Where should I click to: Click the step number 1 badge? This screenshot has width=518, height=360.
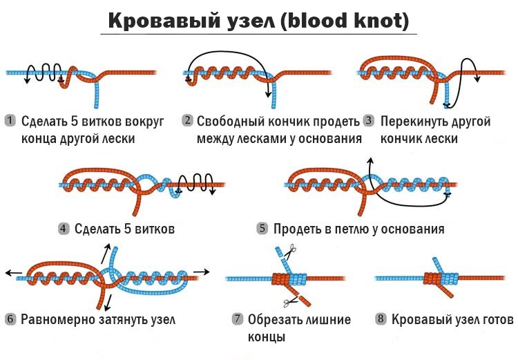pyautogui.click(x=10, y=121)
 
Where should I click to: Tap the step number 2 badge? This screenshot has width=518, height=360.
pyautogui.click(x=187, y=121)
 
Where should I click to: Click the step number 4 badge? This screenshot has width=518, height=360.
pyautogui.click(x=63, y=228)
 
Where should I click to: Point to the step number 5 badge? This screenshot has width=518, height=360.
pyautogui.click(x=262, y=228)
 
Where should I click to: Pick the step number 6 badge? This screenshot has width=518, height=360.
pyautogui.click(x=10, y=319)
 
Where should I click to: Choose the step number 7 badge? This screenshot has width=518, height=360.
pyautogui.click(x=238, y=319)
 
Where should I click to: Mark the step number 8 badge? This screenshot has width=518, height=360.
pyautogui.click(x=380, y=319)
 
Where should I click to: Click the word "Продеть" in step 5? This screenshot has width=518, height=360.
pyautogui.click(x=297, y=228)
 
